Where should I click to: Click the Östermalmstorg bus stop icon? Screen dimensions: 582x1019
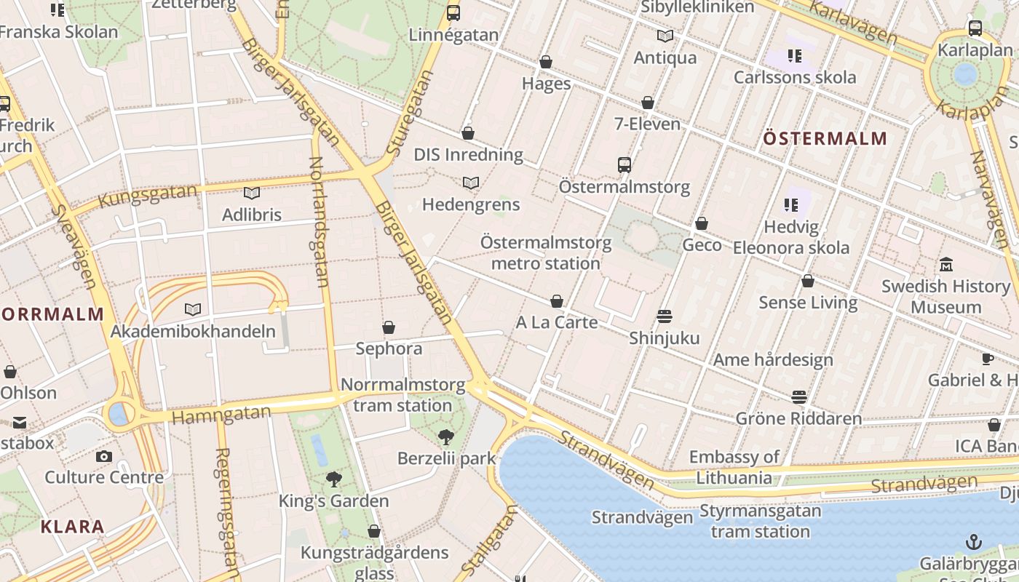(x=624, y=164)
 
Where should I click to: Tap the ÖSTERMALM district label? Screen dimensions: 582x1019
(x=825, y=138)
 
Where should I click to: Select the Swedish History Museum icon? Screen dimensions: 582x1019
(x=946, y=264)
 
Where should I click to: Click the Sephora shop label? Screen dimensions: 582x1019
(x=389, y=348)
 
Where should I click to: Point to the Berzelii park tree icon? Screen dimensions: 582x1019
(x=445, y=436)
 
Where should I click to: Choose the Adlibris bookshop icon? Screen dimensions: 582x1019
(x=252, y=193)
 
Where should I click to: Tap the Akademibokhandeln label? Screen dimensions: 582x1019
(x=193, y=332)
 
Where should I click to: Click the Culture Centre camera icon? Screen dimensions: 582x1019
(x=104, y=456)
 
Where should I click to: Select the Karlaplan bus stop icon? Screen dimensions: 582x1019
(x=975, y=28)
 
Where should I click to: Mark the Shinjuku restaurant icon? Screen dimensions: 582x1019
(x=664, y=316)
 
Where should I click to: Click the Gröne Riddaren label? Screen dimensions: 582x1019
(x=798, y=418)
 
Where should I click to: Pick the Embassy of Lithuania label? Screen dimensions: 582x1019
(x=734, y=467)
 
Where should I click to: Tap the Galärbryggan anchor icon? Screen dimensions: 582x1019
(x=973, y=542)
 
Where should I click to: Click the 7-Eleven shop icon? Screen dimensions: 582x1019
(x=648, y=103)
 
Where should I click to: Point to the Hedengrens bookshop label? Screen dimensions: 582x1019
(x=471, y=204)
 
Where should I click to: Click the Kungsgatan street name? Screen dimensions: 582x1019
(x=148, y=196)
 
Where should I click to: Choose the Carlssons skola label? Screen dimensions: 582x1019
(x=795, y=77)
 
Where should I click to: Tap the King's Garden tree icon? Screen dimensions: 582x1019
(x=334, y=479)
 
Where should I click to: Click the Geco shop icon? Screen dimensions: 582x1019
(x=702, y=223)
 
